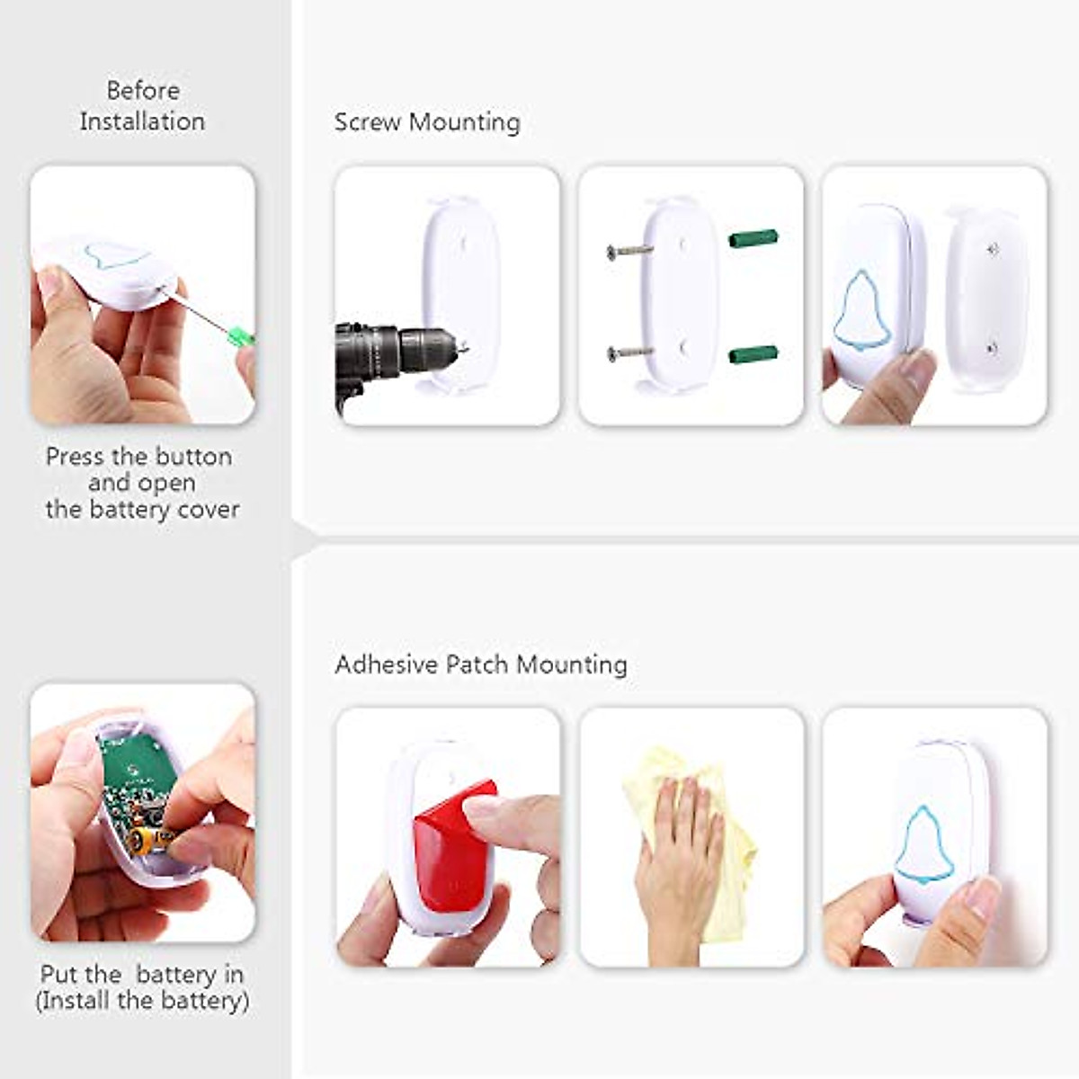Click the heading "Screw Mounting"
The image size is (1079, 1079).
pos(427,122)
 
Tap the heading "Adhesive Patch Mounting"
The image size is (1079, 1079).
pos(481,664)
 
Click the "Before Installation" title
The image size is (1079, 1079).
pos(142,105)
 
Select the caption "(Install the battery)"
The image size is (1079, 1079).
pos(142,1000)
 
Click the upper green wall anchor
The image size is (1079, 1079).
pos(753,240)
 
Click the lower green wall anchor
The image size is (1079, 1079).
pos(753,354)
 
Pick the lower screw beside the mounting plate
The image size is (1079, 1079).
pos(629,352)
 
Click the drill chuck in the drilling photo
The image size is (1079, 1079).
pos(423,346)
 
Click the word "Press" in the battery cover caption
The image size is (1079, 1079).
pos(76,457)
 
